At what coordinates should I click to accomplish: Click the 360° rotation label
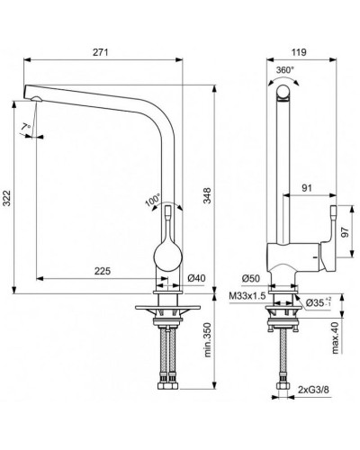tap(285, 68)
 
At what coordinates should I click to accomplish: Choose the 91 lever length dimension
tap(307, 188)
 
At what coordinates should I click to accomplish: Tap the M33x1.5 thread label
tap(246, 294)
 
